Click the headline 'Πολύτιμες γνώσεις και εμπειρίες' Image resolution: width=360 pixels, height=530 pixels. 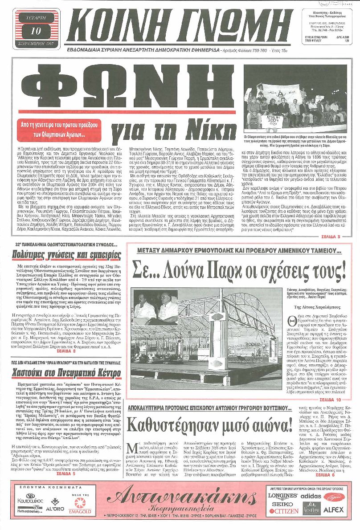[x=67, y=255]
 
